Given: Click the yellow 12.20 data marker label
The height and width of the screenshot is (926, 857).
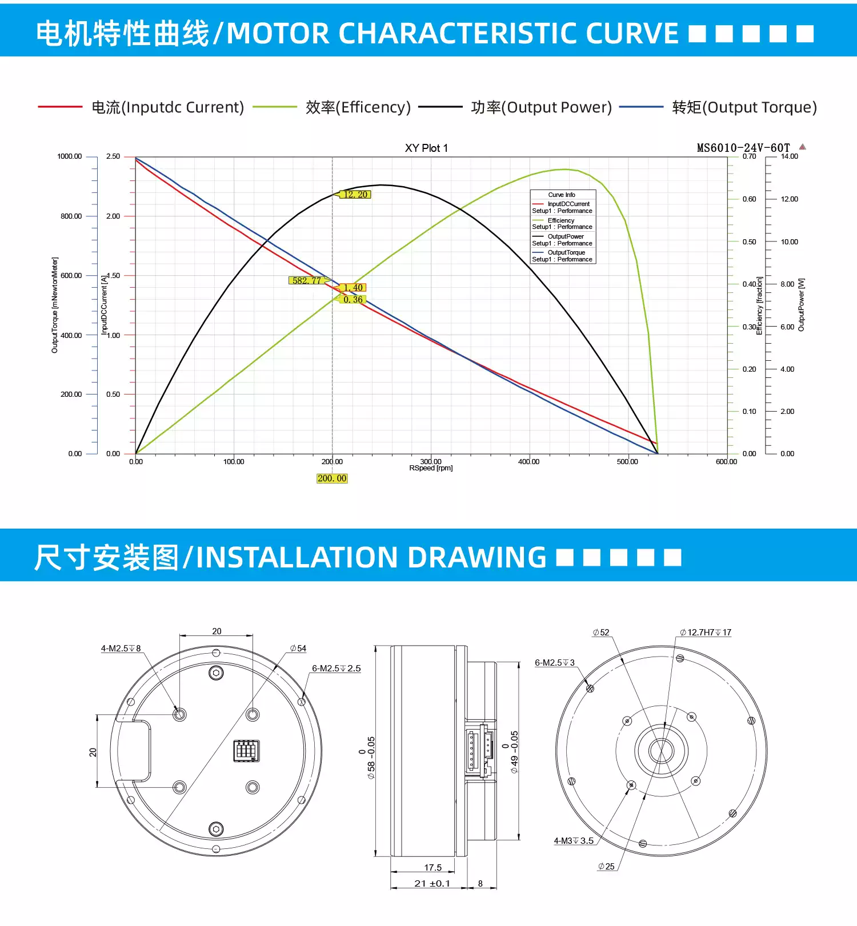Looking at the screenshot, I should coord(356,195).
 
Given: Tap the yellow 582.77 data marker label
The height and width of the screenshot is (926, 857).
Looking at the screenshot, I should coord(307,280).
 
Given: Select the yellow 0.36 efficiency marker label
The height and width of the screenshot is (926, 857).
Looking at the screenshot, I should coord(353,300).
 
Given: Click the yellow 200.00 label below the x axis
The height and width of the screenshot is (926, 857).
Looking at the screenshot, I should coord(332,478).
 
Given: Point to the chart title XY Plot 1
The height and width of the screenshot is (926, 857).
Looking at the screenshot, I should coord(426,148).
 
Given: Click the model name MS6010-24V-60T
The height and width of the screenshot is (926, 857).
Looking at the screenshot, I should coord(743,148).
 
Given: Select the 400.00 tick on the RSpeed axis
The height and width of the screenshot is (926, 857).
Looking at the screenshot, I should coord(528,462).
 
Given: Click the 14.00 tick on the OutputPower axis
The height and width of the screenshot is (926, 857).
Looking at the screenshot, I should coord(789,156).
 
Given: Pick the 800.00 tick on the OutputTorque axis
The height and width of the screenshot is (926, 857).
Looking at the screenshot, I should coord(71,216).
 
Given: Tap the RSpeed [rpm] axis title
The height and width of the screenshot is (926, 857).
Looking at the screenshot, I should coord(431,469).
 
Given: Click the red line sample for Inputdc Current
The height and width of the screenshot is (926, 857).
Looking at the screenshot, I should coord(60,107).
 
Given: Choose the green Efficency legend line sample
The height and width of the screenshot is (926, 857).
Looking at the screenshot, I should coord(274,107).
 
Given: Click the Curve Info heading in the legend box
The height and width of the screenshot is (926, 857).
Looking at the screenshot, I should coord(562,195).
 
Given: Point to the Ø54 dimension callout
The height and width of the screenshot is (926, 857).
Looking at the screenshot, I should coord(298,649).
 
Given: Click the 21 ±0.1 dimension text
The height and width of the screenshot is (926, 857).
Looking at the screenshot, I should coord(432,884).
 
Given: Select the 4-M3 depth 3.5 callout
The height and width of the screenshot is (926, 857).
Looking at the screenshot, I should coord(574,841).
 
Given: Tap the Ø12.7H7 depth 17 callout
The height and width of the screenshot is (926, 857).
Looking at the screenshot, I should coord(706,633).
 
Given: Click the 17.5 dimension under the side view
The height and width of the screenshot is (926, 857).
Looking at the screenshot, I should coord(432,868).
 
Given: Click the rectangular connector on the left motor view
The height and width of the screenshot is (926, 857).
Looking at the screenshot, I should coord(246,750).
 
